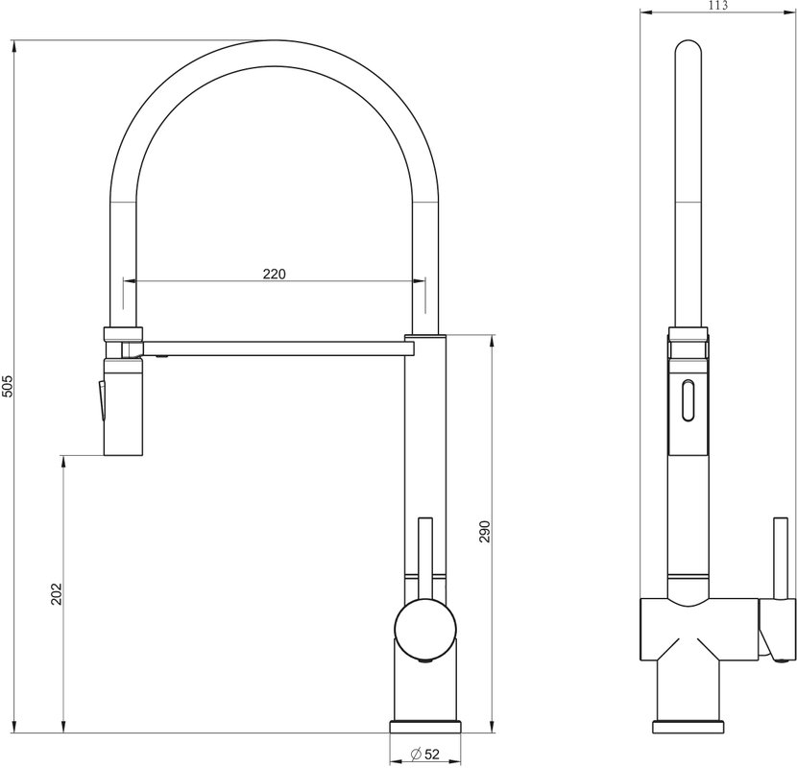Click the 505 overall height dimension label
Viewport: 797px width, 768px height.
click(x=7, y=386)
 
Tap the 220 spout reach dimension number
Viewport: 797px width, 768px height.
click(x=275, y=274)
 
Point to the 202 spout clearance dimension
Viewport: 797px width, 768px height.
click(x=56, y=593)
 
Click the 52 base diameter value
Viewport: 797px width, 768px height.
click(x=431, y=754)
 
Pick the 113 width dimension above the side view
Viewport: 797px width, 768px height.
click(x=717, y=5)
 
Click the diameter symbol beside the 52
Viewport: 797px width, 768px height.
click(x=415, y=754)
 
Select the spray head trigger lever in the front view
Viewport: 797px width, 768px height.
click(x=102, y=400)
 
